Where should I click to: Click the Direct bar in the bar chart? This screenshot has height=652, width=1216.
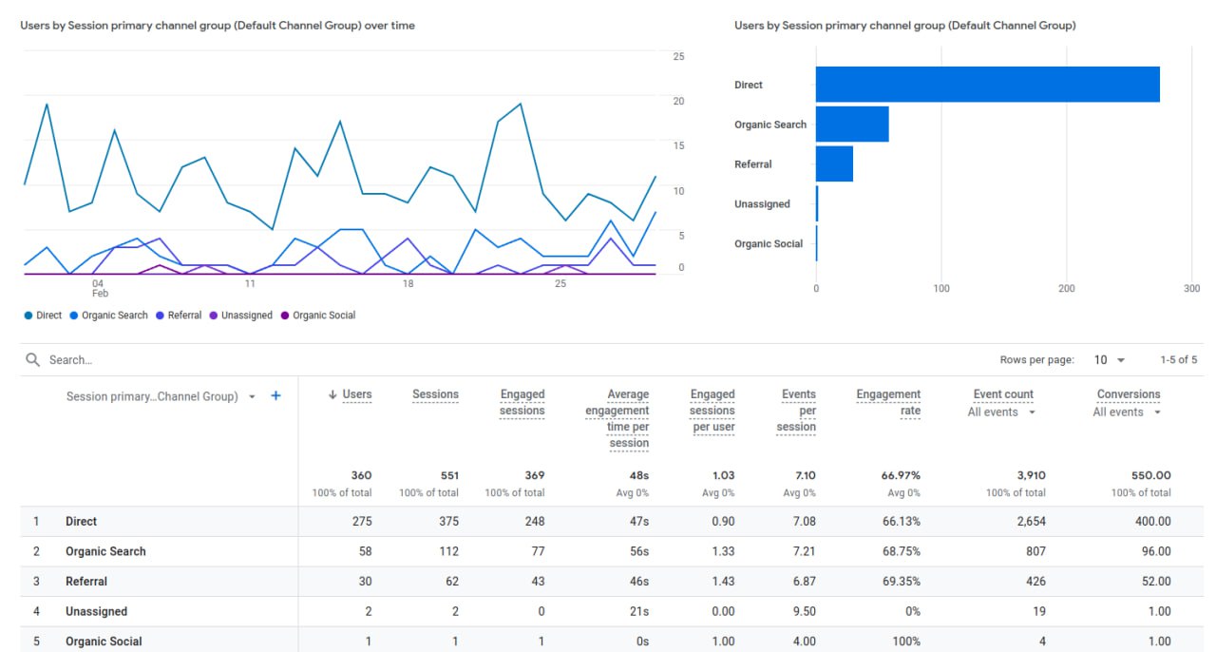[x=987, y=85]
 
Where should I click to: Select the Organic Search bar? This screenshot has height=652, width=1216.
[x=852, y=125]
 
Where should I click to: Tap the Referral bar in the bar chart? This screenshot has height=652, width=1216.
[x=834, y=163]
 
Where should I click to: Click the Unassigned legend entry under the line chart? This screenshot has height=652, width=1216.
[x=246, y=316]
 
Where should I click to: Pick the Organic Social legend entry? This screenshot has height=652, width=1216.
[x=323, y=316]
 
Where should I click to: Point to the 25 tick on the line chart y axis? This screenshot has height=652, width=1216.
[x=678, y=57]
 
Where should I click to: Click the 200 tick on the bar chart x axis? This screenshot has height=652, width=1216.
[x=1067, y=288]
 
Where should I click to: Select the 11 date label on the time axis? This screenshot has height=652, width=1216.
[x=250, y=283]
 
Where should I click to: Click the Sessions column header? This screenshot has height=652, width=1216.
[x=435, y=394]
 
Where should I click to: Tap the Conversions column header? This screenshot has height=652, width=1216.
[x=1129, y=394]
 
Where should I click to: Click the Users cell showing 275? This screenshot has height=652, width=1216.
[x=360, y=522]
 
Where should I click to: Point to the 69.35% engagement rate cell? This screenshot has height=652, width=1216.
[x=900, y=582]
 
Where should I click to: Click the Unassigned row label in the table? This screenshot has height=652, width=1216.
[x=96, y=612]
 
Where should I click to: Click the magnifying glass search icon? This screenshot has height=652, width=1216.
[x=33, y=360]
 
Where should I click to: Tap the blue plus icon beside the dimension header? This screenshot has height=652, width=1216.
[x=275, y=396]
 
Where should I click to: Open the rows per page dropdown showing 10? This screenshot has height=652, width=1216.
[x=1110, y=360]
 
